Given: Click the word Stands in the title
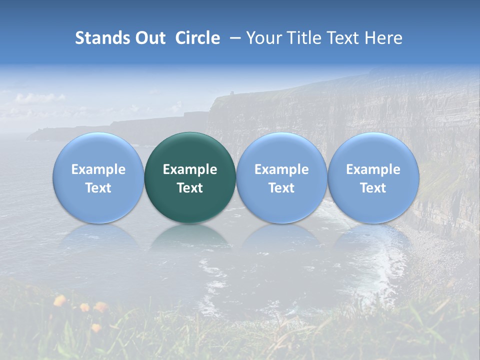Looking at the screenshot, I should pos(103,38).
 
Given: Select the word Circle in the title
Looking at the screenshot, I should pos(197,38).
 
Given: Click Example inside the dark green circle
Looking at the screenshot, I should pos(190,169).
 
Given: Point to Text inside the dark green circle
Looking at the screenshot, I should pos(190,188).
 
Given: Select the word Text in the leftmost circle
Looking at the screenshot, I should pos(98,188).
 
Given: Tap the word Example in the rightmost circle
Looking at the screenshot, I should pos(373,169).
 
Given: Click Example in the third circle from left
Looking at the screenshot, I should pos(281,169).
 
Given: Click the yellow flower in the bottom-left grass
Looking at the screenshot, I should pos(60,300).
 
